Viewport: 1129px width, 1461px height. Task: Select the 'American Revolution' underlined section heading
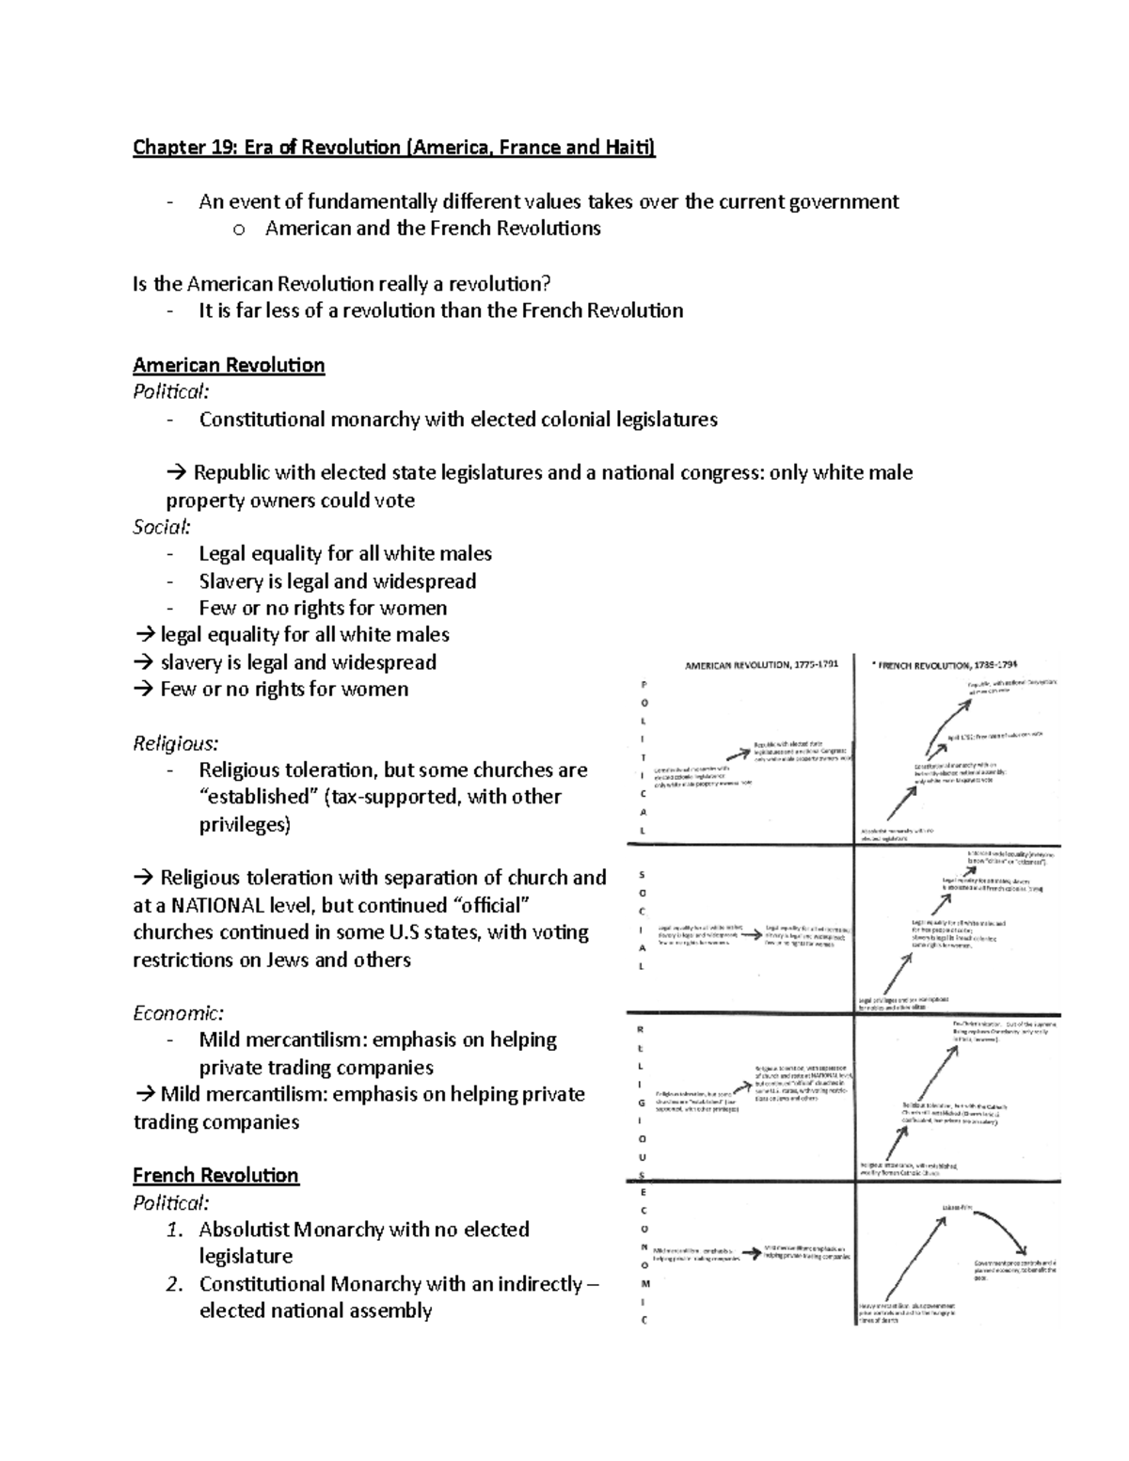click(229, 365)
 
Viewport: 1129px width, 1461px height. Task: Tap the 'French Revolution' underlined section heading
click(215, 1175)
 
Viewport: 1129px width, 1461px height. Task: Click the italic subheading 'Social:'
click(161, 527)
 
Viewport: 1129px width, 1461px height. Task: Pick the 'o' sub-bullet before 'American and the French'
click(238, 229)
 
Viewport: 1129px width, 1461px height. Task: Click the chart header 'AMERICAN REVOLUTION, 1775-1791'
click(761, 665)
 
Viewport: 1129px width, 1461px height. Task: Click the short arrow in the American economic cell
click(751, 1253)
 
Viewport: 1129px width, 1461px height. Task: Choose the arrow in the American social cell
click(751, 934)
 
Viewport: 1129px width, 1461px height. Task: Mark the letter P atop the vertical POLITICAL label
click(644, 684)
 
